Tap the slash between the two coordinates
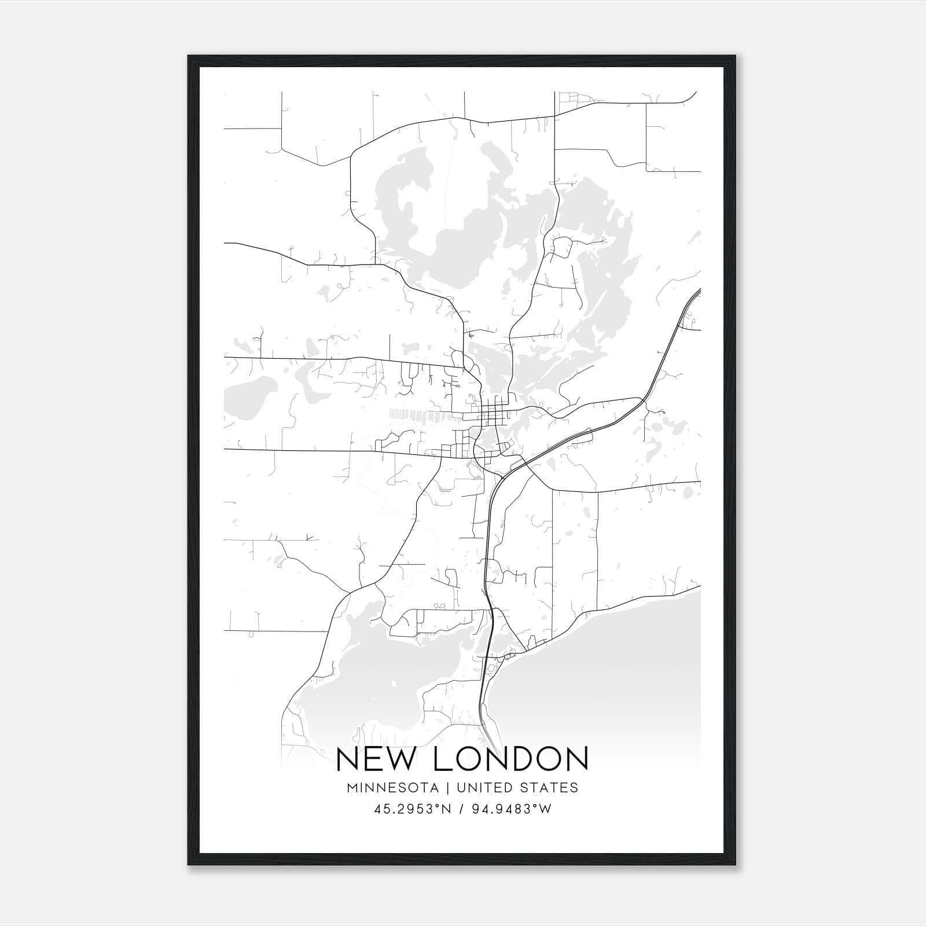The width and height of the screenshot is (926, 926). tap(462, 809)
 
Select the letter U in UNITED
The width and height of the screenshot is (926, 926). tap(461, 788)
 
